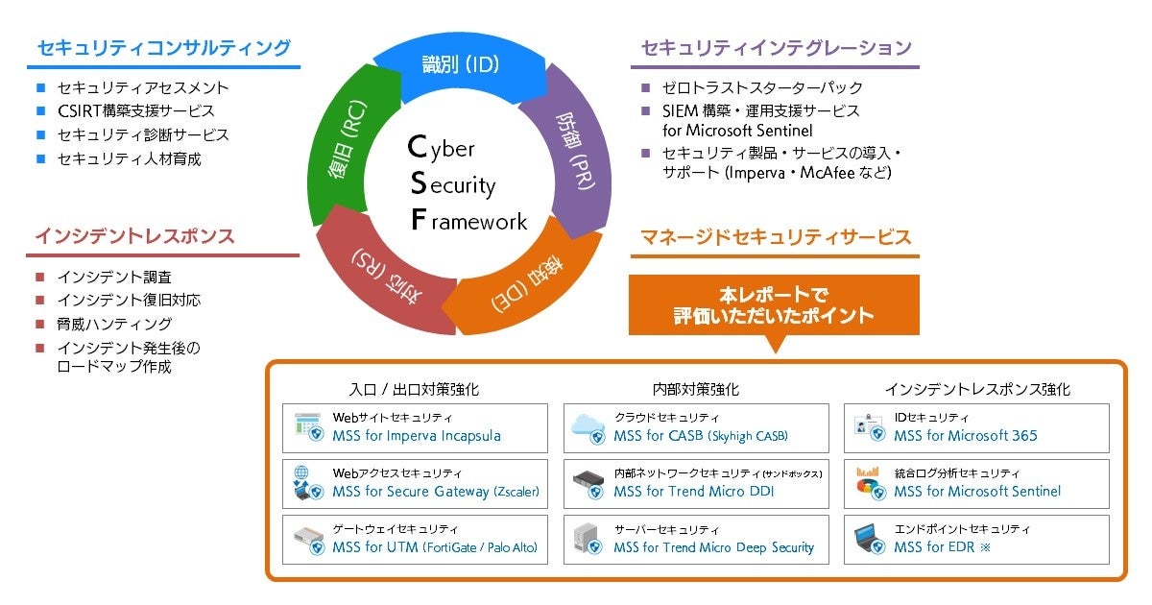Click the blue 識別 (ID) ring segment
462,66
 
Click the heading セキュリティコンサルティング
163,47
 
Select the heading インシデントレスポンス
135,235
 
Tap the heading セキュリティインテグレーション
775,47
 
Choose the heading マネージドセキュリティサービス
775,236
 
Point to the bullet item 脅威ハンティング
114,324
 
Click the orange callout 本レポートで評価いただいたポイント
774,305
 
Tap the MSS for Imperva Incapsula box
415,428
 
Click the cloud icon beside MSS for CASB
588,425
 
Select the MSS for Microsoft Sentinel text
977,491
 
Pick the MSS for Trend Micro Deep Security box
695,540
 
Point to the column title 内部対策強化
695,390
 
